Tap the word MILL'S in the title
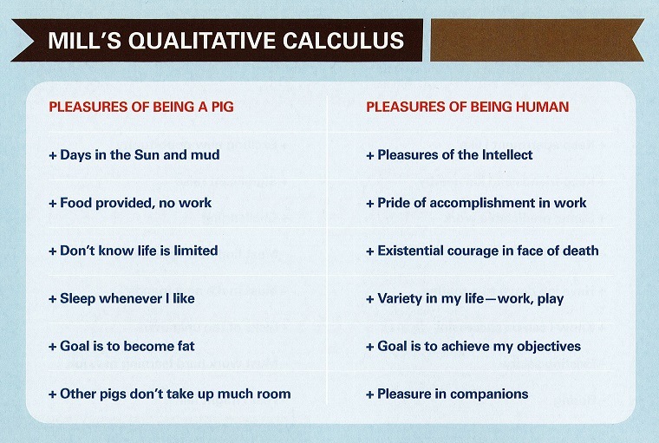point(85,41)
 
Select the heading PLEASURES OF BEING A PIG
point(141,107)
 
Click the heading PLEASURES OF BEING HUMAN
point(467,107)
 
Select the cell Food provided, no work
point(130,203)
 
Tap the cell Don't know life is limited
point(134,251)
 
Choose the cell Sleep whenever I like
point(121,298)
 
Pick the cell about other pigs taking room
point(170,394)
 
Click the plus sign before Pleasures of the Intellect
point(370,155)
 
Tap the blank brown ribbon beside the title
point(536,40)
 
